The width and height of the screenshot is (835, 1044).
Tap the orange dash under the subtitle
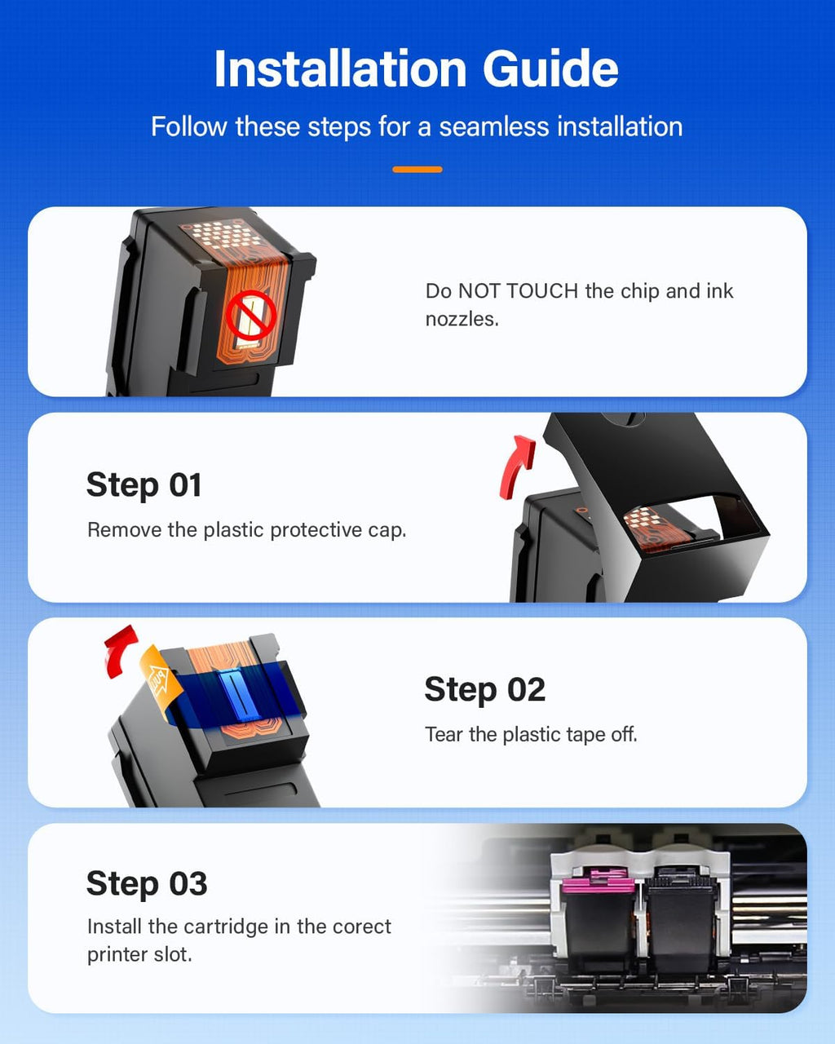[417, 170]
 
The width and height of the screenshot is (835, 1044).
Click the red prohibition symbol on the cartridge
[251, 316]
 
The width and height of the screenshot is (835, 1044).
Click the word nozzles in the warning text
[461, 319]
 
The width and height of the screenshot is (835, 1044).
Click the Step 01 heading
[144, 485]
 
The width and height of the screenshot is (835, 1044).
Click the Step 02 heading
[484, 690]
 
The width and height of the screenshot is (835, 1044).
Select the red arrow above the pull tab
[121, 650]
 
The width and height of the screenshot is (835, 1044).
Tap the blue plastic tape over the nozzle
[232, 693]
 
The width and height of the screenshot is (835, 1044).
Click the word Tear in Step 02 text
[444, 735]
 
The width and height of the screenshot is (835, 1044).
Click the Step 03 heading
[147, 884]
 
